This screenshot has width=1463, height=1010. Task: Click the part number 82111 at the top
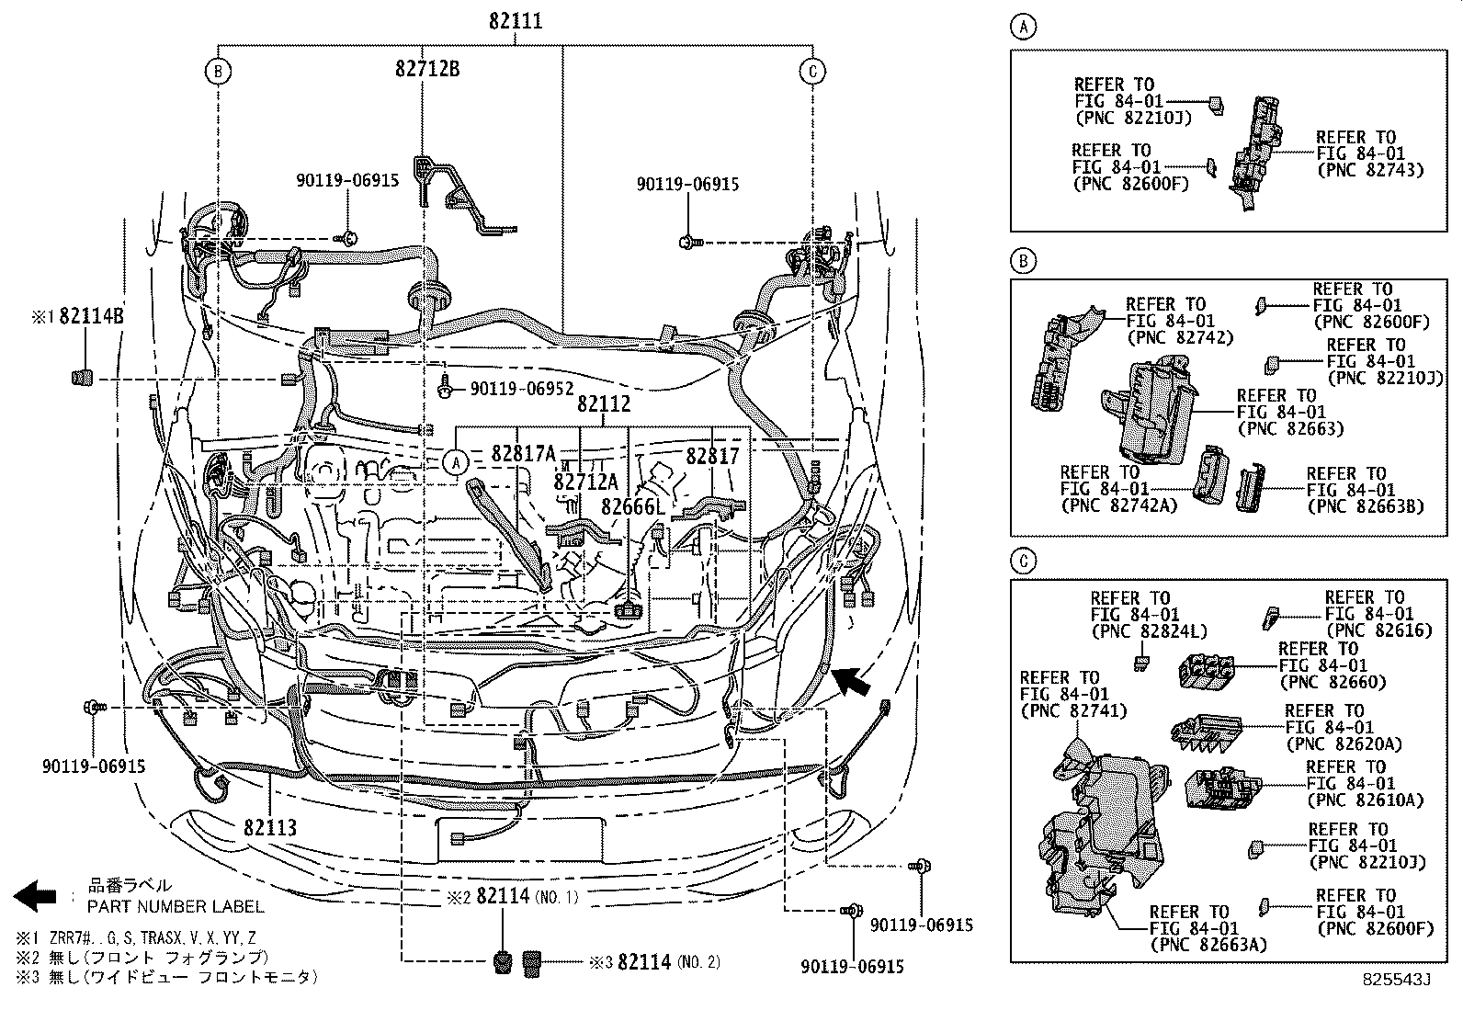(x=516, y=20)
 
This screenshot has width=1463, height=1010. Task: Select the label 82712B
(x=427, y=68)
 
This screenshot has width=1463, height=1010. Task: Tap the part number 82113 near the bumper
(x=270, y=827)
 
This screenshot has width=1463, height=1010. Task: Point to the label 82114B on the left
(x=91, y=316)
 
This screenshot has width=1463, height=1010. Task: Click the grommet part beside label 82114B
(x=83, y=378)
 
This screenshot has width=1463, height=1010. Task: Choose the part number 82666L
(x=633, y=506)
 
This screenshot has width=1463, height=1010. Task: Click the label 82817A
(x=524, y=453)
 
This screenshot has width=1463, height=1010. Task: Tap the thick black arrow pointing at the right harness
(x=852, y=684)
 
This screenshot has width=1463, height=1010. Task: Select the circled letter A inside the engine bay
(x=457, y=463)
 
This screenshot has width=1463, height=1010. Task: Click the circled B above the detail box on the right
(x=1023, y=262)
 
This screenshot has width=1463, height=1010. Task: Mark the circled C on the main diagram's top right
(x=812, y=71)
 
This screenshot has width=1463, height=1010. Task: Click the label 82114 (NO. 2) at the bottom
(x=668, y=962)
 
